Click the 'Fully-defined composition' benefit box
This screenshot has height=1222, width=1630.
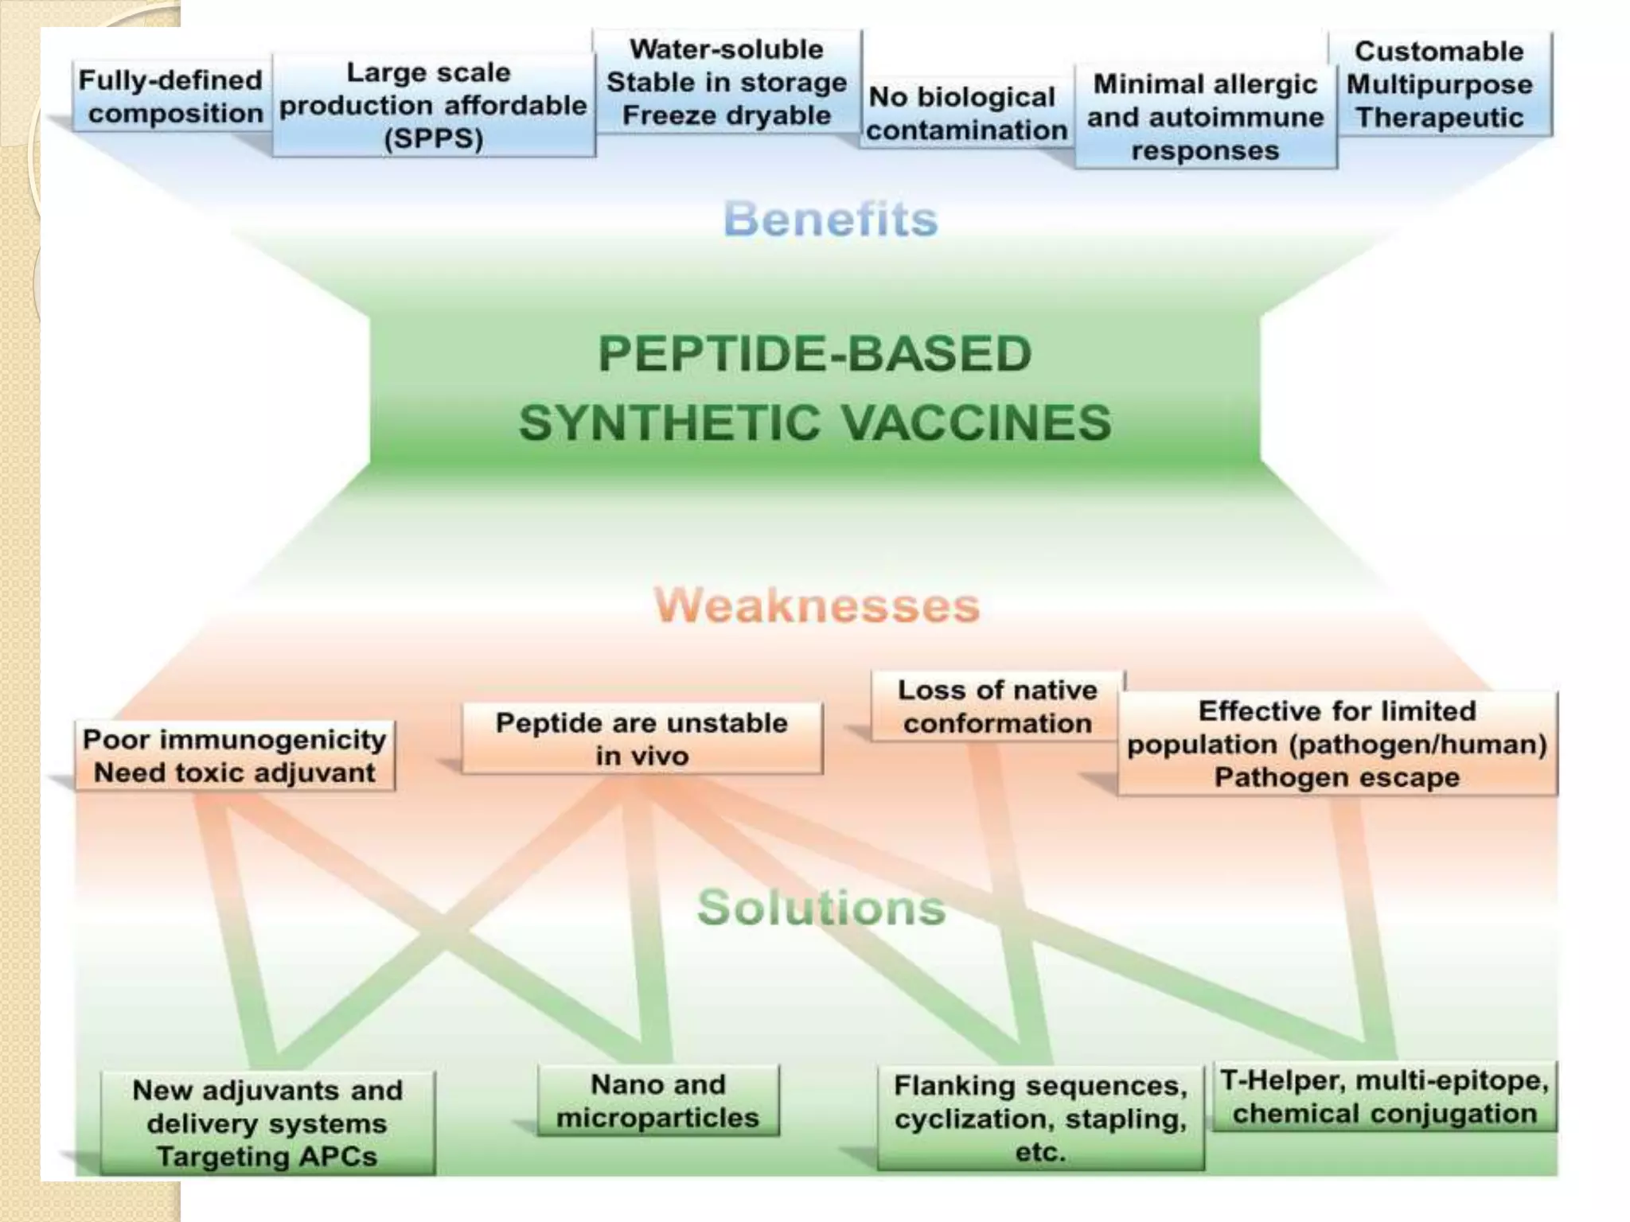point(171,96)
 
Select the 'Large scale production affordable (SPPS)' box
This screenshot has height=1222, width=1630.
point(433,105)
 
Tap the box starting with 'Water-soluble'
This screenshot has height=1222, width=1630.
point(727,82)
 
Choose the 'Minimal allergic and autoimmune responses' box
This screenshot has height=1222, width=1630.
point(1205,117)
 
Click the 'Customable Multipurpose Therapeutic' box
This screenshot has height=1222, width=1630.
point(1440,84)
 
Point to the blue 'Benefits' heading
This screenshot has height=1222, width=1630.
point(831,219)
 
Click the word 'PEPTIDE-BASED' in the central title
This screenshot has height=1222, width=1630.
point(815,354)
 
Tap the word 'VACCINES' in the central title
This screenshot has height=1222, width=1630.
point(977,422)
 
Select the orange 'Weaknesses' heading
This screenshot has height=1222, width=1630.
point(817,605)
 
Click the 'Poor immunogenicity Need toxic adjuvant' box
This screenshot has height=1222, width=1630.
point(235,756)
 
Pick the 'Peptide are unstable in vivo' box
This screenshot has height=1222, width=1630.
point(641,738)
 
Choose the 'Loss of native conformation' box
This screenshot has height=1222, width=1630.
point(997,706)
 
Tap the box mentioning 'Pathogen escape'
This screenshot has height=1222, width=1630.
point(1337,744)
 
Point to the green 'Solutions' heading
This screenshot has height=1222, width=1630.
point(821,907)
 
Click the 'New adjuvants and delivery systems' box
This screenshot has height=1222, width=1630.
point(267,1123)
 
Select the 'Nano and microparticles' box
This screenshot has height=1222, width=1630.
point(658,1101)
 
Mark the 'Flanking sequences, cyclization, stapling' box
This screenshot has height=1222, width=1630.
point(1040,1118)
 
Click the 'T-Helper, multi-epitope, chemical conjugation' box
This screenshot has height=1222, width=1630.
point(1384,1097)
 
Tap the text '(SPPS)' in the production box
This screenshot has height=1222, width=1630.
point(434,139)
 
